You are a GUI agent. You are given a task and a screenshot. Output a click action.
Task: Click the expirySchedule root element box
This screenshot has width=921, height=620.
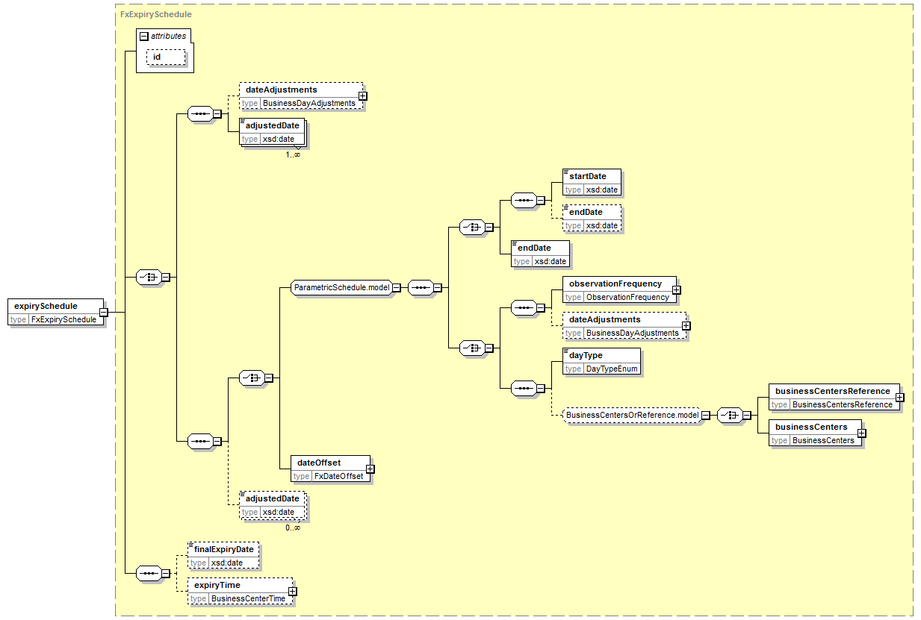click(55, 312)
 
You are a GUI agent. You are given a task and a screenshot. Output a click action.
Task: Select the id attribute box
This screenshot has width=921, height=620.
click(166, 57)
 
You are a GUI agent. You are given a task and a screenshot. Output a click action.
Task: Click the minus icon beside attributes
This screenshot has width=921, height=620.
click(143, 36)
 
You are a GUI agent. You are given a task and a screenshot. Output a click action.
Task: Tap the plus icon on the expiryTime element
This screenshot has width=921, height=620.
click(292, 591)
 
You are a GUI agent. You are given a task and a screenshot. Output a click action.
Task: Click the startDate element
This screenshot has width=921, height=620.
click(592, 182)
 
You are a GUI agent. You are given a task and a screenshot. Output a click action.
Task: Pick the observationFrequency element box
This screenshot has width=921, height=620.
click(619, 290)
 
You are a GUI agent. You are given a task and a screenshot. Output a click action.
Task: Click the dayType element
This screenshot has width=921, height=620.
click(601, 361)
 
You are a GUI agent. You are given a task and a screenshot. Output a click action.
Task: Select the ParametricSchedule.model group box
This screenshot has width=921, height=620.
click(341, 287)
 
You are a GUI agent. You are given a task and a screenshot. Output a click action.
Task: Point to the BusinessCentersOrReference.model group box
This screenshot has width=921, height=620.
click(632, 415)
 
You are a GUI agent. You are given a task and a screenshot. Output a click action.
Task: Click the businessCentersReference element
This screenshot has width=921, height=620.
click(834, 397)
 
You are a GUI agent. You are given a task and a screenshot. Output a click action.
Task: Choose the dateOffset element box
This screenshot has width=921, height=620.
click(331, 469)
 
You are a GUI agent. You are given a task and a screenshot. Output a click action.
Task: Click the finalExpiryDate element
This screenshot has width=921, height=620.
click(223, 556)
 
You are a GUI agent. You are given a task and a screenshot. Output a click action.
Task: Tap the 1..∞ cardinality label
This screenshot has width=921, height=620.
click(293, 154)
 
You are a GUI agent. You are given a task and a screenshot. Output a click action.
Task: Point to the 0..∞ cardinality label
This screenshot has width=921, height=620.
click(293, 527)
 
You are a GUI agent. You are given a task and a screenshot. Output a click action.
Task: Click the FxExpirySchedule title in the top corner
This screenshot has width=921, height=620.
click(156, 14)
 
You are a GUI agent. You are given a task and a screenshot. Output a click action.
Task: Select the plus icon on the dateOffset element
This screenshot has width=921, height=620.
click(370, 469)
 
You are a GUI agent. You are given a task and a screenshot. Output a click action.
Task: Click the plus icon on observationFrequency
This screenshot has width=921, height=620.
click(676, 290)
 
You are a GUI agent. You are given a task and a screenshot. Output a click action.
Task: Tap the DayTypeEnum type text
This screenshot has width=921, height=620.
click(612, 369)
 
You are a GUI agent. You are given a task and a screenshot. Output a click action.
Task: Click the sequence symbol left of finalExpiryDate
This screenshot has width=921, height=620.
click(149, 573)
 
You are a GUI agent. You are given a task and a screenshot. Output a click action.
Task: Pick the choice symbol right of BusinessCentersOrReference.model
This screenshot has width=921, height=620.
click(730, 415)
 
